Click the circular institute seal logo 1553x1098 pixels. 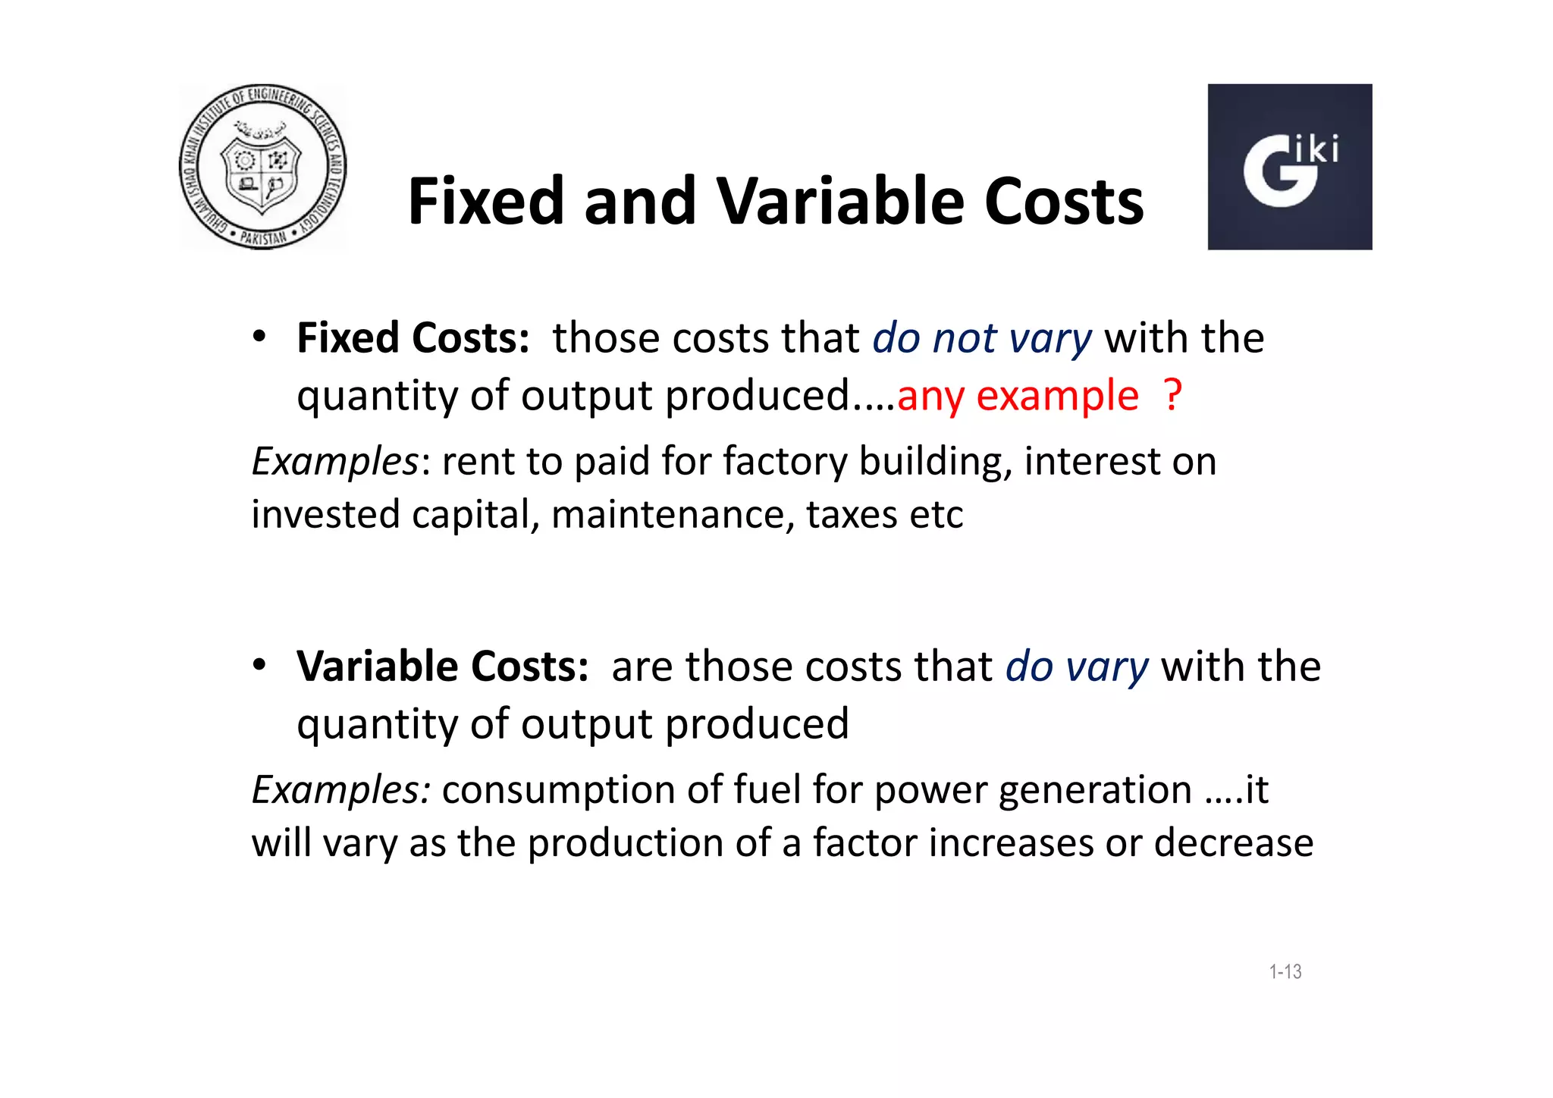coord(262,167)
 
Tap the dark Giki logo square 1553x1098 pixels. coord(1289,167)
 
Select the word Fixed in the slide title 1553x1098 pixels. coord(486,202)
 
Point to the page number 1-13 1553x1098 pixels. coord(1285,971)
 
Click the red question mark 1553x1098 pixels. coord(1172,395)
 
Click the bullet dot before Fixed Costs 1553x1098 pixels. coord(259,337)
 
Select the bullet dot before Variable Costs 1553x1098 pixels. coord(259,665)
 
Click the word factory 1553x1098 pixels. coord(785,462)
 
